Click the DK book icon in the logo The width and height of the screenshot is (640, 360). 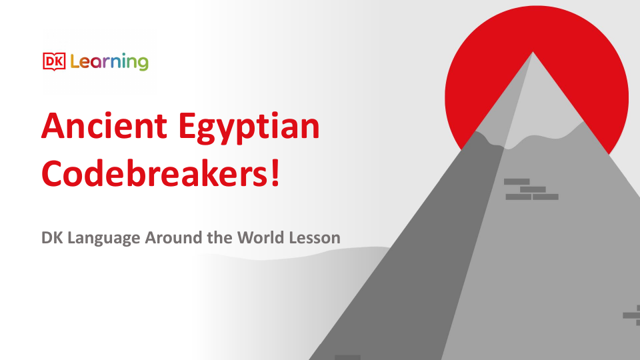click(x=53, y=62)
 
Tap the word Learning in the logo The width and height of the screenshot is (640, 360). click(x=109, y=63)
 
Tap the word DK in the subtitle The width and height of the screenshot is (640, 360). click(x=51, y=237)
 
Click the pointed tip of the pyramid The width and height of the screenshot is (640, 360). click(x=532, y=53)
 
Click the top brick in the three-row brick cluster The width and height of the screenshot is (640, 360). click(x=517, y=181)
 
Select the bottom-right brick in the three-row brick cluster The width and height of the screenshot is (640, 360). click(x=545, y=197)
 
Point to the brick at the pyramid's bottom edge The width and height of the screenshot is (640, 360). click(x=347, y=357)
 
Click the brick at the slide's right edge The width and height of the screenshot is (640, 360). click(x=631, y=315)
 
